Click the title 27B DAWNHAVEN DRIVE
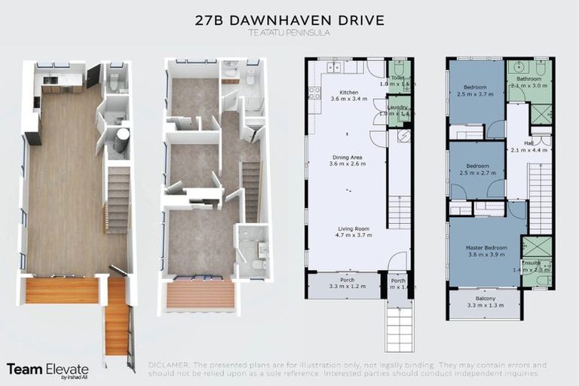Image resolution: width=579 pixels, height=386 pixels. point(289,20)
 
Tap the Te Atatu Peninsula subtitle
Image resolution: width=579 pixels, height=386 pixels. point(289,35)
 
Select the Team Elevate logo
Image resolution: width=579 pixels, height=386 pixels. point(47,370)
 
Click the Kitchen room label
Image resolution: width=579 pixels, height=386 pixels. point(348,94)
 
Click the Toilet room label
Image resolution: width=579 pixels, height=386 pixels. point(397,79)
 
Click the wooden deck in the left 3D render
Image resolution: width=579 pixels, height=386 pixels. point(63,290)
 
